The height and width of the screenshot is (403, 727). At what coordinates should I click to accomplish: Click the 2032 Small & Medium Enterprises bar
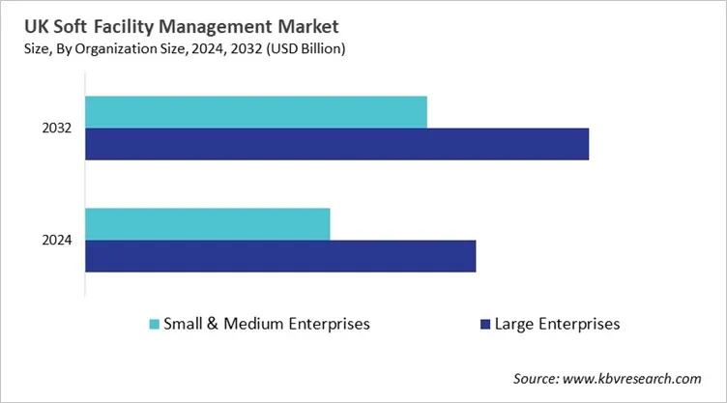tap(256, 112)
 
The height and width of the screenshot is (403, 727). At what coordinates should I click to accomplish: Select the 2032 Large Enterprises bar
tap(336, 144)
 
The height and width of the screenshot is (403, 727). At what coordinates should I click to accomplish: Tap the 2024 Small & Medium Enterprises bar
tap(208, 223)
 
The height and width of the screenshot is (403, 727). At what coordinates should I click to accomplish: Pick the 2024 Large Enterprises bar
tap(280, 256)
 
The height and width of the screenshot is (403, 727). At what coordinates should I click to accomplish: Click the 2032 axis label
tap(57, 129)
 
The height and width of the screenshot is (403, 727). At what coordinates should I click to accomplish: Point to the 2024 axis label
tap(57, 240)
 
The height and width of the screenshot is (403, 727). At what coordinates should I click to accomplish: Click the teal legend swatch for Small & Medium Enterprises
tap(154, 324)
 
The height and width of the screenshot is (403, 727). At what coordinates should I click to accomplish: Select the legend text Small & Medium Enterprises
tap(267, 324)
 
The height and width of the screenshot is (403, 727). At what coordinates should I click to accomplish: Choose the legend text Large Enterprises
tap(557, 324)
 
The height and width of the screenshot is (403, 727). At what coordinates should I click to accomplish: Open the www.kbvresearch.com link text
tap(640, 379)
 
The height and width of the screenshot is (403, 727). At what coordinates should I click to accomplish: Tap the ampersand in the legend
tap(211, 324)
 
